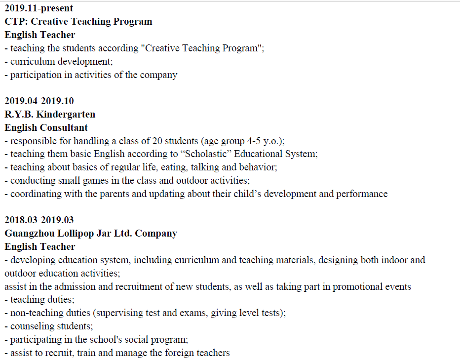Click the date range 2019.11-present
pos(38,8)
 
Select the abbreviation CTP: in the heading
pos(16,21)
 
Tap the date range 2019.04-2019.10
pos(39,101)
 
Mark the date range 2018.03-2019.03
pos(39,220)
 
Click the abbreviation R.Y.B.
pos(18,114)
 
